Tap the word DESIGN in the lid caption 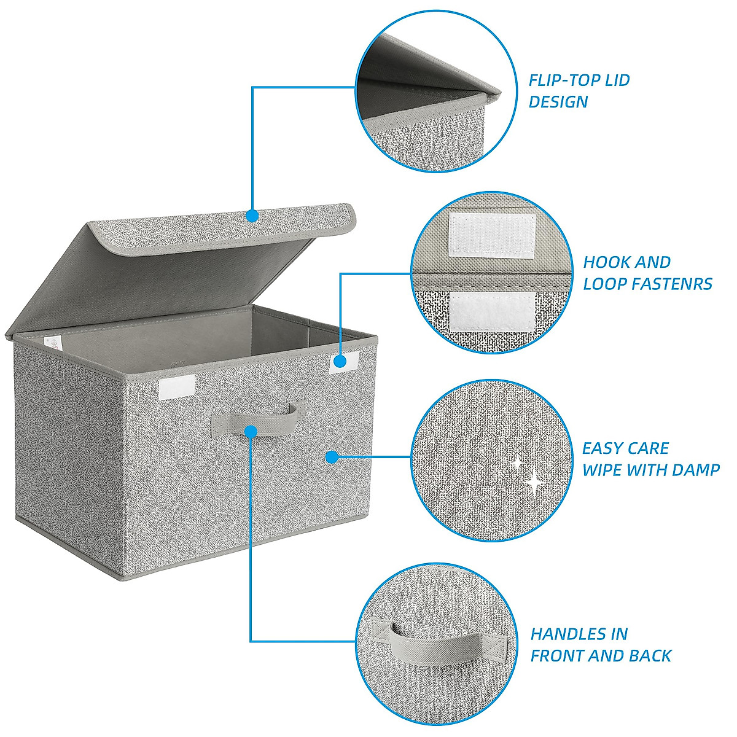pyautogui.click(x=558, y=102)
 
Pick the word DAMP pyautogui.click(x=696, y=470)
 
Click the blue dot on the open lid pyautogui.click(x=252, y=216)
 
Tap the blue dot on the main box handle pyautogui.click(x=251, y=431)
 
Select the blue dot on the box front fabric pyautogui.click(x=332, y=456)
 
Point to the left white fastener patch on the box pyautogui.click(x=177, y=387)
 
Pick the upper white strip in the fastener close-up pyautogui.click(x=491, y=235)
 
